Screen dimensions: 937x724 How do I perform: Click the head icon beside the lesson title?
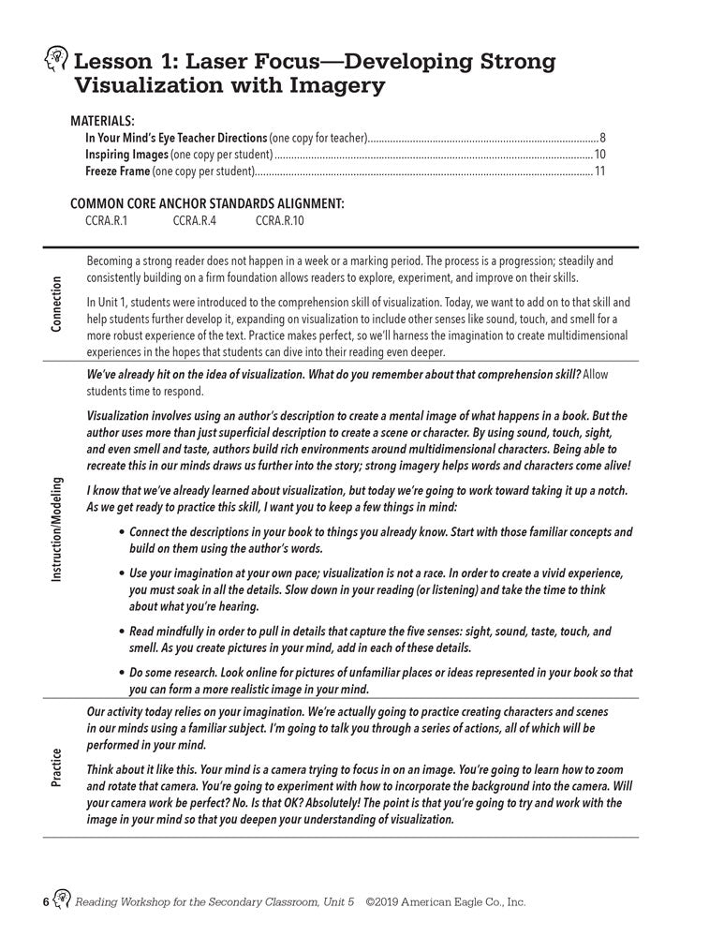[x=55, y=63]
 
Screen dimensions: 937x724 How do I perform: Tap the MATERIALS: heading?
[x=102, y=121]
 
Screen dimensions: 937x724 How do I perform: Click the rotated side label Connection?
[x=57, y=304]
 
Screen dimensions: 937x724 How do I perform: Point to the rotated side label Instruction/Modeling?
[x=57, y=530]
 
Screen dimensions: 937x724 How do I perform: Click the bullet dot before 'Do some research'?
[x=123, y=673]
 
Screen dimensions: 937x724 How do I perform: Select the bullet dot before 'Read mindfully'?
[x=123, y=632]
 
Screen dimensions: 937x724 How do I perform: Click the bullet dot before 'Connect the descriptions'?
[x=123, y=532]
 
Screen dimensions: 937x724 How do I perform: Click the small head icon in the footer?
[x=61, y=901]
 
